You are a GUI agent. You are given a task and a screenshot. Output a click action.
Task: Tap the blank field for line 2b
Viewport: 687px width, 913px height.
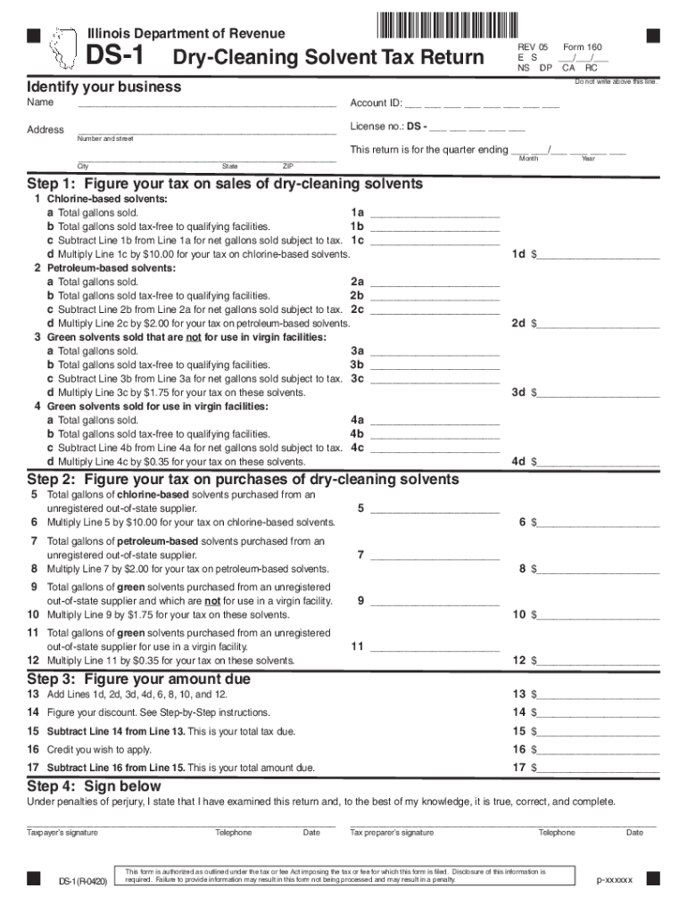coord(435,296)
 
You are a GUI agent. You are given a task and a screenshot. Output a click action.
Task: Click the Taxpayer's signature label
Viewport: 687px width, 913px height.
coord(62,833)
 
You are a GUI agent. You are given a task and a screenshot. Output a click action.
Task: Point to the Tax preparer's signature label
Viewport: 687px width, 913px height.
coord(392,833)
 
